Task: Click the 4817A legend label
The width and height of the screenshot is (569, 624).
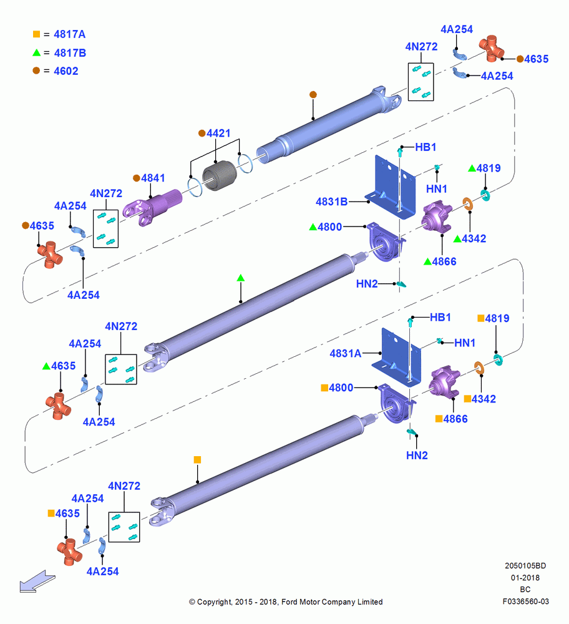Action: coord(70,34)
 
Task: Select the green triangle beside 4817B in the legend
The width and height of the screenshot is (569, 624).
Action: coord(37,52)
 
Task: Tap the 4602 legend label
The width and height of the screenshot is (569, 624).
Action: coord(66,71)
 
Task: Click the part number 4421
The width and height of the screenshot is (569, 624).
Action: coord(218,133)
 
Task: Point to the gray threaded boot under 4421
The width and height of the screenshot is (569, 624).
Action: coord(219,175)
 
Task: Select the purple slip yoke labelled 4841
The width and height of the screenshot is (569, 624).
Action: coord(152,207)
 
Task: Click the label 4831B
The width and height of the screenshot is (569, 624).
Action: coord(331,202)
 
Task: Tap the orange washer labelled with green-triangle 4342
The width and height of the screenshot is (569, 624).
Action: coord(467,204)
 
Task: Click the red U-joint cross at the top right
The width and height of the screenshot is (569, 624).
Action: coord(492,49)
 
